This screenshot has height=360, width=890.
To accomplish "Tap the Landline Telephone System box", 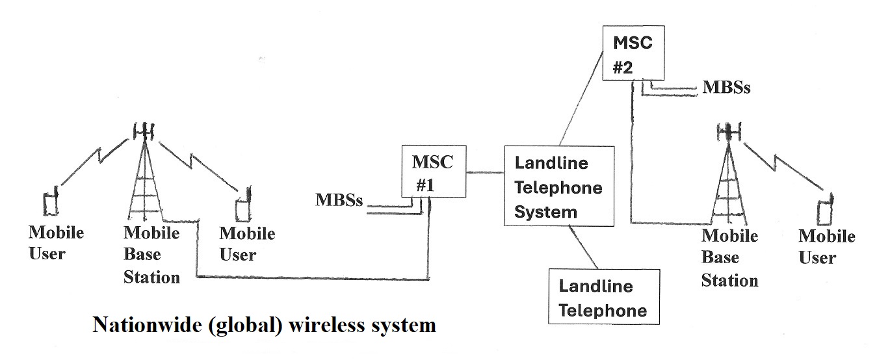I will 559,186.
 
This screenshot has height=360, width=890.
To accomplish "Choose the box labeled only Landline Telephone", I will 604,297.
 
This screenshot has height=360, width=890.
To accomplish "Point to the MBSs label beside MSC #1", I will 339,199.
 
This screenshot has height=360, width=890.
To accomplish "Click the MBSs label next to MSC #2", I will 726,87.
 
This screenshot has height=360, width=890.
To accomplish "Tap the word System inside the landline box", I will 546,211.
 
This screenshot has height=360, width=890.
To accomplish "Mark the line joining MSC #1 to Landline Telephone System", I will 486,172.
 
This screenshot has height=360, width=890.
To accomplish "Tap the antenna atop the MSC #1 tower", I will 143,131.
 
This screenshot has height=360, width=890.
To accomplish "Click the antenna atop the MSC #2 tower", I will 729,132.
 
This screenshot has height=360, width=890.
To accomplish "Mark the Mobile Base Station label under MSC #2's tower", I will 729,258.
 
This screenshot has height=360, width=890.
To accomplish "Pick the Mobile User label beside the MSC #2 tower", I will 826,247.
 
